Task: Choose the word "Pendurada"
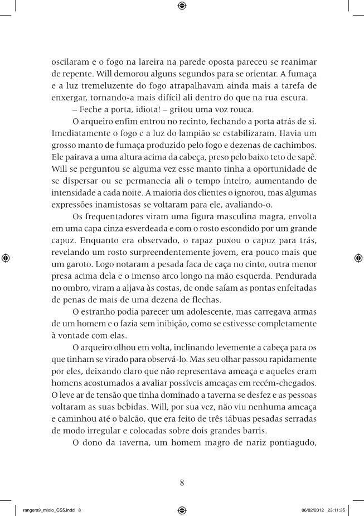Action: pos(294,276)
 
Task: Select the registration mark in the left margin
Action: pos(5,258)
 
